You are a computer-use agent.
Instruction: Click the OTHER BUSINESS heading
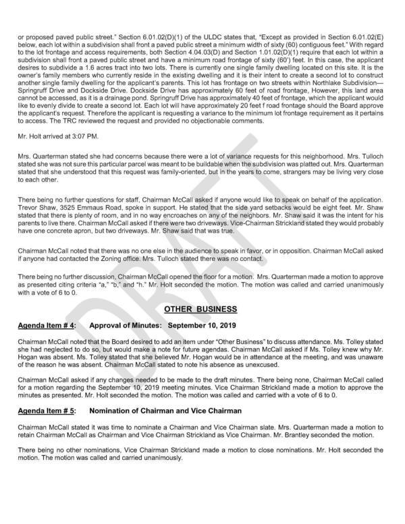click(201, 309)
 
